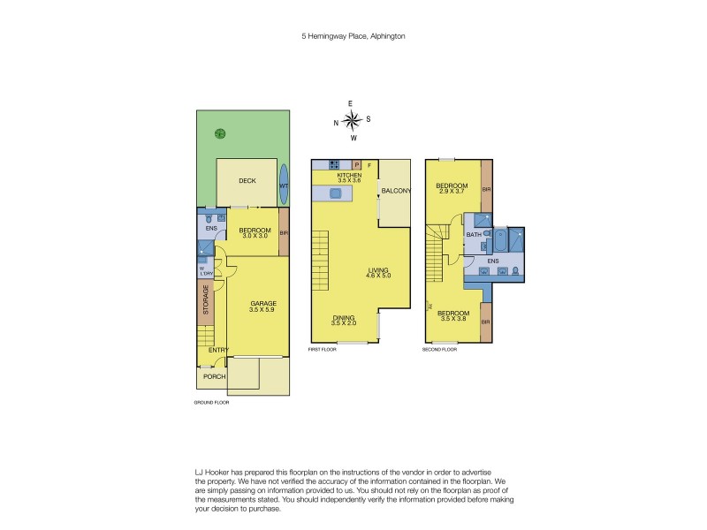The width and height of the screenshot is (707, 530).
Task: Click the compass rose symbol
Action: (x=352, y=120)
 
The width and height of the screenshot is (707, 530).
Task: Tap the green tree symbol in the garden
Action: (x=219, y=134)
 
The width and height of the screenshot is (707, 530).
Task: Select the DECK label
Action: (x=247, y=180)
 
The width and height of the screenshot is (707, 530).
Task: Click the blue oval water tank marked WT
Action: (x=284, y=185)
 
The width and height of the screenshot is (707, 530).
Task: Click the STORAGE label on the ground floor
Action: (x=206, y=300)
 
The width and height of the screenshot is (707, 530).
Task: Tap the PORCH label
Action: (x=215, y=376)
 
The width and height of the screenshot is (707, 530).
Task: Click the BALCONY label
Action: (x=394, y=191)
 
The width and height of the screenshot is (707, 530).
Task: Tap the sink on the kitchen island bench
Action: (x=337, y=193)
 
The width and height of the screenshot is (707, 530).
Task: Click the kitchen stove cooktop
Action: (x=335, y=164)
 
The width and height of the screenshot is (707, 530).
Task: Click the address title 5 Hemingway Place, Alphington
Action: (x=353, y=36)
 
